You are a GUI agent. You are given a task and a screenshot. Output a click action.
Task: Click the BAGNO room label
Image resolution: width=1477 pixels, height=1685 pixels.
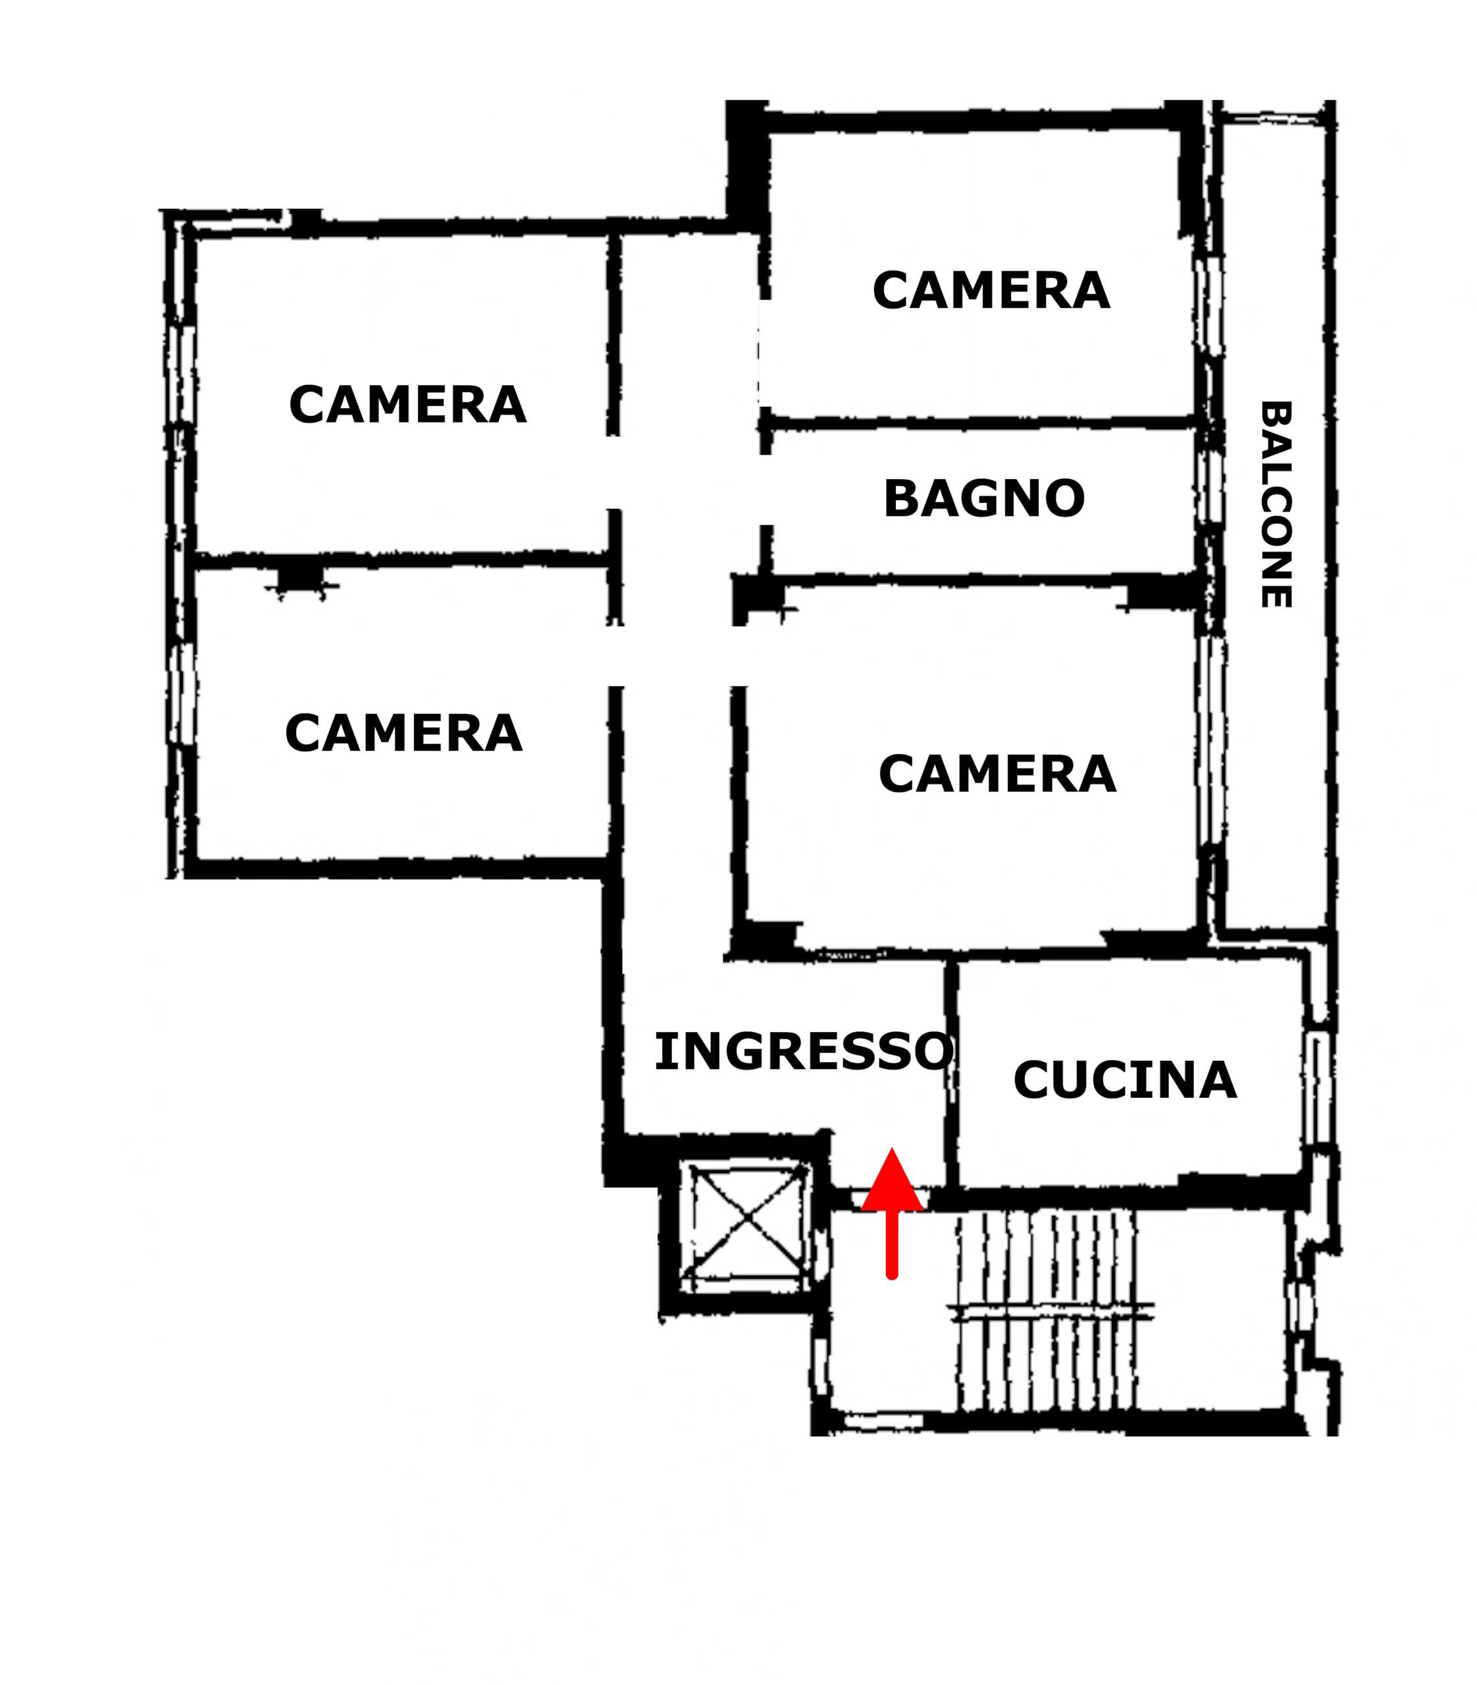coord(984,499)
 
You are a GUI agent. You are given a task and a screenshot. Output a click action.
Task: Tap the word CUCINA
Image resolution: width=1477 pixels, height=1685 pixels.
coord(1125,1080)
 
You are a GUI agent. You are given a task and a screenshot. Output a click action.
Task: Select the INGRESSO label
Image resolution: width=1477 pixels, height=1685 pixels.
coord(804,1052)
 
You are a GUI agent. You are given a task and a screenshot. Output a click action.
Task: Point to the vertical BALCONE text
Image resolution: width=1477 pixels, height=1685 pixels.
coord(1276,504)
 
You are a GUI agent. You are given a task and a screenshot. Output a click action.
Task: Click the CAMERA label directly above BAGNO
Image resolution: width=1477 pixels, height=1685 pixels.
coord(991,291)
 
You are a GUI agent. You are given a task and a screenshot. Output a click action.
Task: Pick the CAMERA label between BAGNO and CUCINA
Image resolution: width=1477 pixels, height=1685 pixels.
coord(997,774)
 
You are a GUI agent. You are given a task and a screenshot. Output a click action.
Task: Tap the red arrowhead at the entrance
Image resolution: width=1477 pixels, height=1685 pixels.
coord(892,1181)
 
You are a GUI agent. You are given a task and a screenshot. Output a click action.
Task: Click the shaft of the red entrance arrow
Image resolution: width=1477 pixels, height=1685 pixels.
coord(892,1245)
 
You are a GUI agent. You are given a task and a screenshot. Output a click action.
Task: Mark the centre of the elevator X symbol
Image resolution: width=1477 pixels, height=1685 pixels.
coord(748,1218)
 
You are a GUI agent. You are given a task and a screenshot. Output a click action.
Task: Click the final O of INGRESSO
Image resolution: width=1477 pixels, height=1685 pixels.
coord(934,1052)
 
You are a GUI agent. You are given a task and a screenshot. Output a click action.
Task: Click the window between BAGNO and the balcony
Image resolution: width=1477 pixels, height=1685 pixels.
coord(1209,486)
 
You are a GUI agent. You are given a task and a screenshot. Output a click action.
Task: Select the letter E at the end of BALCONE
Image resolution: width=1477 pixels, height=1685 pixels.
coord(1276,595)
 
